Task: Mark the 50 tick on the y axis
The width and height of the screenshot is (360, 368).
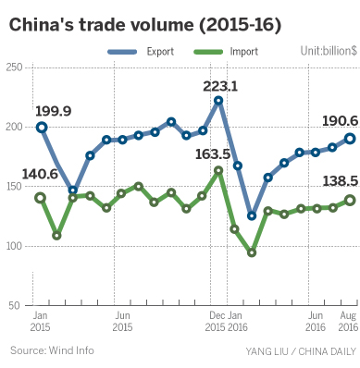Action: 16,305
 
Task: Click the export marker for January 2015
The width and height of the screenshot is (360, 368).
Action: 41,127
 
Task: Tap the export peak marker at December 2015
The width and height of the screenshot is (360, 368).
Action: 218,100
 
